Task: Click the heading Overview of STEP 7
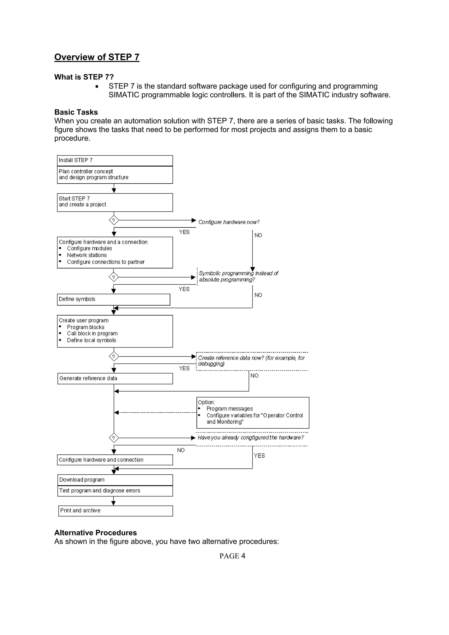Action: coord(97,57)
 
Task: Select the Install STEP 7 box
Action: coord(115,160)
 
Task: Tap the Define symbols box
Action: coord(113,300)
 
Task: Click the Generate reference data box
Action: coord(115,379)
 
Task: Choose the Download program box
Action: coord(115,480)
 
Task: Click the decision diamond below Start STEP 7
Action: coord(114,220)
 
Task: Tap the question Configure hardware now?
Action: coord(229,222)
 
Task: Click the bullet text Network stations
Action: coord(87,255)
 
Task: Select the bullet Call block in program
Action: coord(92,333)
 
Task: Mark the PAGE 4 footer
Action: coord(232,556)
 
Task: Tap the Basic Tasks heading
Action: coord(76,112)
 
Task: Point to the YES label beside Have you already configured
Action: coord(259,456)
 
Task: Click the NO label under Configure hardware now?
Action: coord(258,235)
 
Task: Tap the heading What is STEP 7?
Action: coord(84,77)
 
